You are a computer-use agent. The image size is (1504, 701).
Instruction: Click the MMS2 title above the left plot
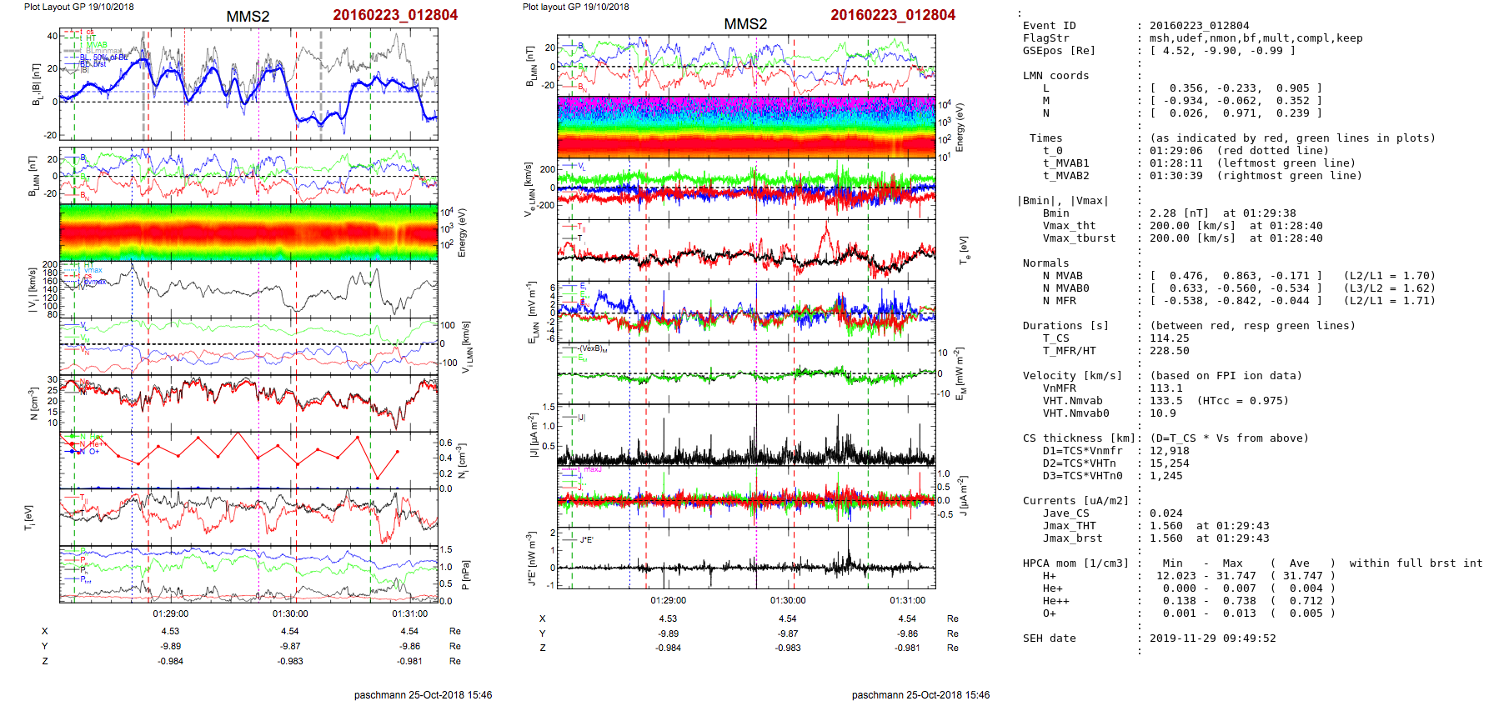click(x=248, y=17)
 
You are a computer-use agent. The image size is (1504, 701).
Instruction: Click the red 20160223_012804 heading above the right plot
click(x=892, y=15)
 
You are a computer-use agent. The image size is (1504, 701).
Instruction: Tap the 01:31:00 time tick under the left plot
click(x=409, y=613)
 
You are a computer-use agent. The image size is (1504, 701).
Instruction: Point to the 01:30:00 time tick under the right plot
click(x=788, y=600)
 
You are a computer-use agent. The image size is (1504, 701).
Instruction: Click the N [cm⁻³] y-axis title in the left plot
click(x=34, y=403)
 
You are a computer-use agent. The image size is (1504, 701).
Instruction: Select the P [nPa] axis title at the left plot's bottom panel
click(x=465, y=575)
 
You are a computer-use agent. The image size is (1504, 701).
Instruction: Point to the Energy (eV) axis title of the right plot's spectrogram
click(x=960, y=128)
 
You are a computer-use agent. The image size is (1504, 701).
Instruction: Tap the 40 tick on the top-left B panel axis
click(x=52, y=36)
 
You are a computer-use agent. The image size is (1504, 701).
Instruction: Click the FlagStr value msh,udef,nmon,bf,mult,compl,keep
click(x=1256, y=38)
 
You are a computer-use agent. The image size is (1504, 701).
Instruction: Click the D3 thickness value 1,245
click(x=1166, y=476)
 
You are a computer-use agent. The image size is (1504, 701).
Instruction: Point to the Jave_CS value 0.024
click(x=1166, y=513)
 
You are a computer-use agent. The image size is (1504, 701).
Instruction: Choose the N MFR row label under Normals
click(x=1059, y=301)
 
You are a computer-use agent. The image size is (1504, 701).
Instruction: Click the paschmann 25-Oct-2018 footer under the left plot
click(x=423, y=694)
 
